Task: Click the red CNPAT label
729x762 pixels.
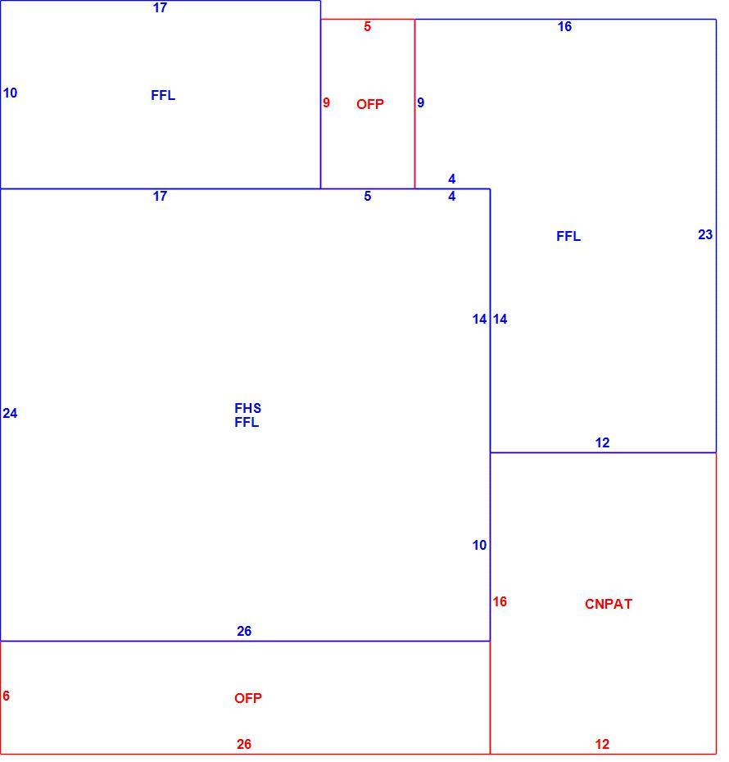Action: (608, 604)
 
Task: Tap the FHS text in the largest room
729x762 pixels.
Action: (247, 408)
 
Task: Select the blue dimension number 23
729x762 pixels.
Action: (705, 234)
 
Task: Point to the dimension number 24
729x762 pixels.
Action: (10, 413)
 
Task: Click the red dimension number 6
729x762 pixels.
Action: (7, 696)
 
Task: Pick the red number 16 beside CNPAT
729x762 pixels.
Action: (500, 601)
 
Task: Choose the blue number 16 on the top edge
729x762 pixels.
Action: (564, 27)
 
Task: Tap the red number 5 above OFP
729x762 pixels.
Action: (367, 27)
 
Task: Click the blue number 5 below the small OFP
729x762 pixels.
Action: (367, 196)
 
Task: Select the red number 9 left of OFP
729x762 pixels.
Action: (326, 102)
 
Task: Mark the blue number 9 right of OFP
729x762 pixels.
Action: (420, 102)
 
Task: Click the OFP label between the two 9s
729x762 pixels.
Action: (370, 104)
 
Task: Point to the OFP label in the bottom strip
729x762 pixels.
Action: (248, 698)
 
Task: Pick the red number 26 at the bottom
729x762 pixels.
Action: (244, 744)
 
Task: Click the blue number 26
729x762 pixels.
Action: (244, 631)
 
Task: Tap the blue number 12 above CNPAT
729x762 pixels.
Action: (602, 442)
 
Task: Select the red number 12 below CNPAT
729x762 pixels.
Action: (602, 744)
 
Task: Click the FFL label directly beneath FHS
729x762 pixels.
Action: (247, 422)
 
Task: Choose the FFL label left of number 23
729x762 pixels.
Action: (568, 236)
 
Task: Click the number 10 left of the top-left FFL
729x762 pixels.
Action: (10, 93)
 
